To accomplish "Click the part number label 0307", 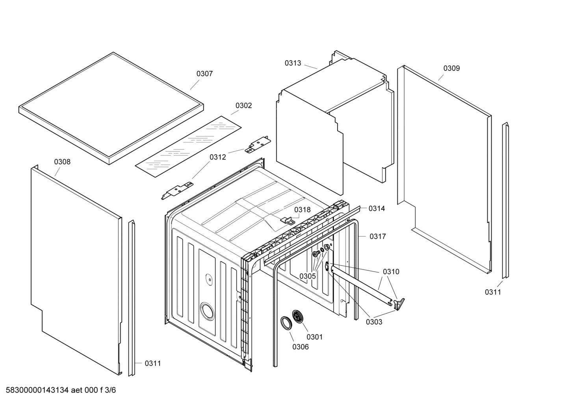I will click(x=204, y=74).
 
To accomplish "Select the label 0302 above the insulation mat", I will click(x=243, y=105).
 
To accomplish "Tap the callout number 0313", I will click(x=293, y=63).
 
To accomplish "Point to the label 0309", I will click(x=451, y=68).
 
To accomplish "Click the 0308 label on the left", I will click(x=62, y=162).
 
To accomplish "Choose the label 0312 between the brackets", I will click(x=217, y=157).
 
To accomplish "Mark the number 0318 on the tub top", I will click(x=302, y=210).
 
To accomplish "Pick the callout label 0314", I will click(x=377, y=209).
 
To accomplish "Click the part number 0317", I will click(x=377, y=237).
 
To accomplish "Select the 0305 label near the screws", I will click(x=307, y=276).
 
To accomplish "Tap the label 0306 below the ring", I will click(x=300, y=347).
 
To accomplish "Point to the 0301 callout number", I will click(x=314, y=337).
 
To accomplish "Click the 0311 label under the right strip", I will click(x=492, y=292).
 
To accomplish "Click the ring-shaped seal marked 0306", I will click(x=286, y=322).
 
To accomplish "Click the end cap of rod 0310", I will click(x=399, y=303).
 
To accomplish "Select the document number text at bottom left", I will click(x=59, y=390).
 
